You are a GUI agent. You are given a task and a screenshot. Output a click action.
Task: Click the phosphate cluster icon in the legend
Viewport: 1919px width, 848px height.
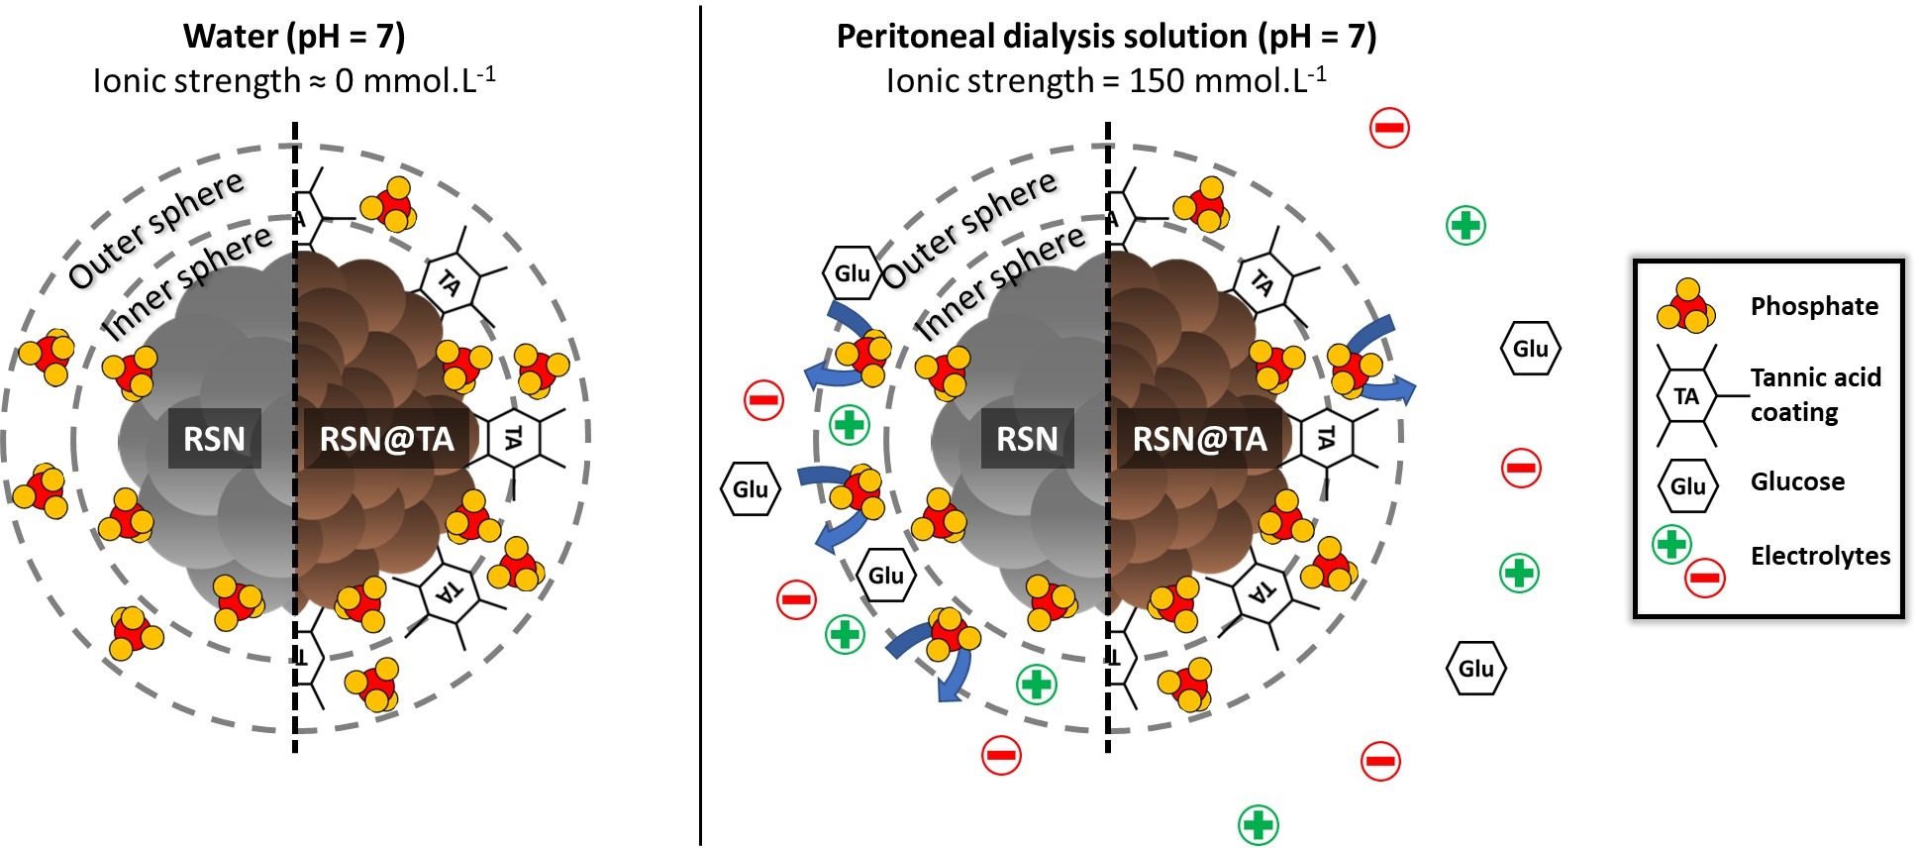[x=1685, y=306]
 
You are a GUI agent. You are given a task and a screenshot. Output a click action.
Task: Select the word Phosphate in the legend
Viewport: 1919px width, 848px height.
[x=1814, y=306]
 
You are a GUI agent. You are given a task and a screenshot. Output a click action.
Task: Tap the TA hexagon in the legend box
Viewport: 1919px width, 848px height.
[x=1686, y=396]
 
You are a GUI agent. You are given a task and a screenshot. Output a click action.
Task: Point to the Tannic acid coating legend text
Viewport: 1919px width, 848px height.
[x=1815, y=394]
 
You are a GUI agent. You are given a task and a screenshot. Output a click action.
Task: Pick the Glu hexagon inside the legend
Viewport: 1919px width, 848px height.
[x=1687, y=485]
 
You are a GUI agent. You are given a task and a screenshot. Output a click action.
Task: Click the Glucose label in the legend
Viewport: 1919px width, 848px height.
[x=1797, y=481]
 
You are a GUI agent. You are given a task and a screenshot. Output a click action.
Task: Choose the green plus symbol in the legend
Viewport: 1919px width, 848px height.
[x=1671, y=544]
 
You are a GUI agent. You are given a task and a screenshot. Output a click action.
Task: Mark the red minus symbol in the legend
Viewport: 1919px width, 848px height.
[x=1705, y=578]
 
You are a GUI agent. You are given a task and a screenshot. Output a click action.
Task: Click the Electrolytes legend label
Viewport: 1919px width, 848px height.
[x=1820, y=556]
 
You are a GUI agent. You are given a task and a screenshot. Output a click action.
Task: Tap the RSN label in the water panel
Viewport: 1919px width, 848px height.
[x=215, y=438]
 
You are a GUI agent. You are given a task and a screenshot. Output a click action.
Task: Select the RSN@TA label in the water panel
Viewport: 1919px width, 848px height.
[x=386, y=438]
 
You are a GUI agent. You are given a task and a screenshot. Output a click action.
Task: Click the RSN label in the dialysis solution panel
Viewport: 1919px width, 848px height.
[x=1028, y=438]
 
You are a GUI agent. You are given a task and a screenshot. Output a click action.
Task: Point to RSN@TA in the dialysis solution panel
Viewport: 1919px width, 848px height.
[x=1199, y=438]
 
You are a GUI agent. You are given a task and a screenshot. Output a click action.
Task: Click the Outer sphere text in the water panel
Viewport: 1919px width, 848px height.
[x=156, y=230]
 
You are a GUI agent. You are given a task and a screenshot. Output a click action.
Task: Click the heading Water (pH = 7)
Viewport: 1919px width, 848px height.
[x=294, y=37]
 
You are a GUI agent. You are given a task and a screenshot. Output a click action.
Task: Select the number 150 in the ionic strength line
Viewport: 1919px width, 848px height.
[x=1158, y=80]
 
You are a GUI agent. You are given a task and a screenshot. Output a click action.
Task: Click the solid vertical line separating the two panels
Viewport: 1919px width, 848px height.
[x=700, y=426]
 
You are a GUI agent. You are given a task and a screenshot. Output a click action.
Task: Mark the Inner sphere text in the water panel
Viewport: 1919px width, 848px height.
[x=188, y=282]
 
